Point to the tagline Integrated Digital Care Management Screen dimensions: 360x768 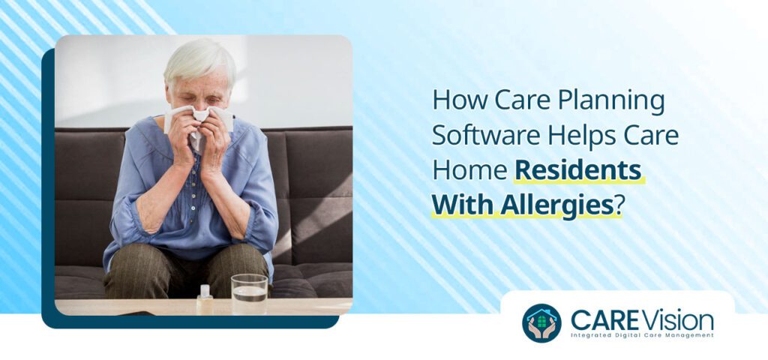(x=642, y=336)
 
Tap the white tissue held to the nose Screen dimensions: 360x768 (x=199, y=118)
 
